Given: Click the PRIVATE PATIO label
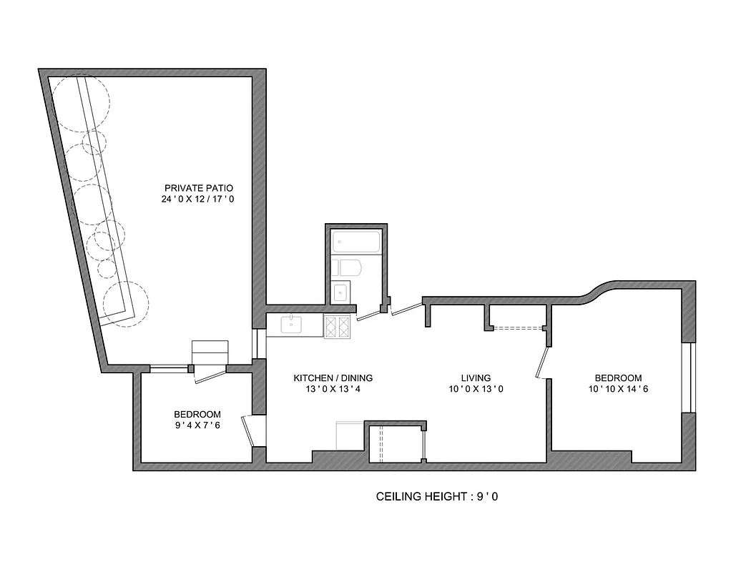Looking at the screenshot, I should coord(198,189).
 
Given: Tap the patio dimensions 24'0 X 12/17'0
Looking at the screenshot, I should coord(198,200).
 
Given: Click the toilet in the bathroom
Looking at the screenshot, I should coord(351,268).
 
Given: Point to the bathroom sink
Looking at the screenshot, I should coord(341,292).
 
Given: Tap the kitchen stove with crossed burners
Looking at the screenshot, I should coord(338,326).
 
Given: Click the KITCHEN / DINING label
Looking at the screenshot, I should coord(333,378).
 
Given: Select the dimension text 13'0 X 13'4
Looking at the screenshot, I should coord(333,390).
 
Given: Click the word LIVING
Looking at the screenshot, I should coord(476,378).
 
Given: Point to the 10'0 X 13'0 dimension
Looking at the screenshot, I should coord(476,390).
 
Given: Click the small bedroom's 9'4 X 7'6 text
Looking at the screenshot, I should coord(197,425).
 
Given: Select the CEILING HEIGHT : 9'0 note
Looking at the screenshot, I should coord(436,495).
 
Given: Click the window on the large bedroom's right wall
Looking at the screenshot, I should coord(688,378).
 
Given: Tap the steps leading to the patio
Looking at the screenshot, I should coord(210,352).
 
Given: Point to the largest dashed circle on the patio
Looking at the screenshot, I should coord(81,103).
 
